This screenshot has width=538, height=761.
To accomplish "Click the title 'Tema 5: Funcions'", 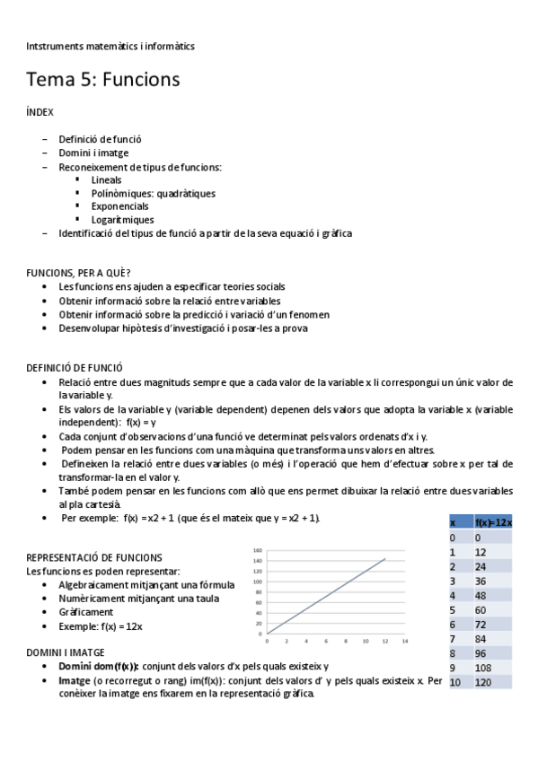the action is (103, 80).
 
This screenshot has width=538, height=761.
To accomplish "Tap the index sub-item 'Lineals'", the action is (106, 179).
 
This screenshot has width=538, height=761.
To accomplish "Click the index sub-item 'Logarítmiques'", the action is (122, 220).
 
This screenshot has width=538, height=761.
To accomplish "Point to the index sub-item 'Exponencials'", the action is (119, 206).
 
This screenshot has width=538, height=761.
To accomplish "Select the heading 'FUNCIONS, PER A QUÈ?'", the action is (79, 273).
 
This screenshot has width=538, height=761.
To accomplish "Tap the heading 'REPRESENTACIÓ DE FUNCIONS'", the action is (94, 557).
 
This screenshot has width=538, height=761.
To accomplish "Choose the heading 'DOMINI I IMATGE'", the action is (66, 652).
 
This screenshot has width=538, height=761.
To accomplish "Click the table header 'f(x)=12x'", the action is (492, 522).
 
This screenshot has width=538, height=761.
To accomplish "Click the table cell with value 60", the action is (482, 609).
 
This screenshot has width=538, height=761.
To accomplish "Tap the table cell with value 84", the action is (482, 639).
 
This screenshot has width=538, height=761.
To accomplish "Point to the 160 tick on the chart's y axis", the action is (257, 550).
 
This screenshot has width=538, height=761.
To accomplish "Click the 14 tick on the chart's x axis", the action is (404, 641).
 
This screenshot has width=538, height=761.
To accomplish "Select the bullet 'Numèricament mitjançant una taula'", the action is (134, 598).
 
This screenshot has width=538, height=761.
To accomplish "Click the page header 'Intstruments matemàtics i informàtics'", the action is (110, 45).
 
